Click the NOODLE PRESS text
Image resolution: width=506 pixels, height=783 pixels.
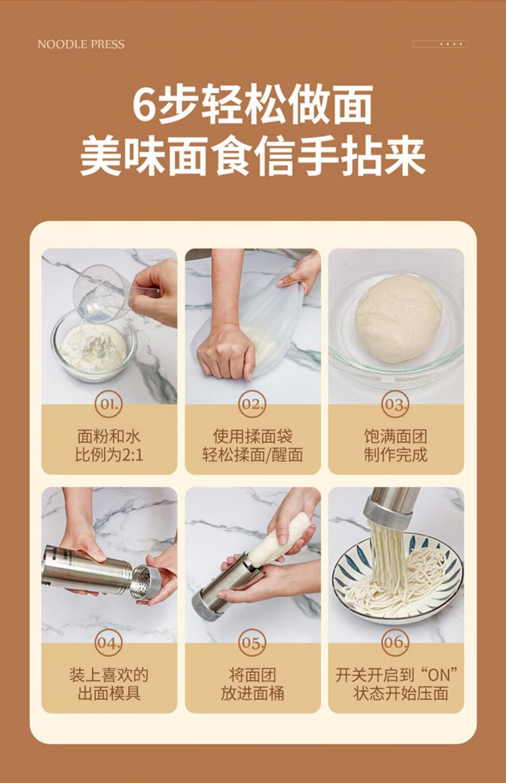coord(81,44)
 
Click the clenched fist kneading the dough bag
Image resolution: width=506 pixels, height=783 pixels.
coord(226,352)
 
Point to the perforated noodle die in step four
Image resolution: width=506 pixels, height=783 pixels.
coord(146,581)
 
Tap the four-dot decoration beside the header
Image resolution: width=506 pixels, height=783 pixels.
coord(451,44)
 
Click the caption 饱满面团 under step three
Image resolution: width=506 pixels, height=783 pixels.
coord(396,437)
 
